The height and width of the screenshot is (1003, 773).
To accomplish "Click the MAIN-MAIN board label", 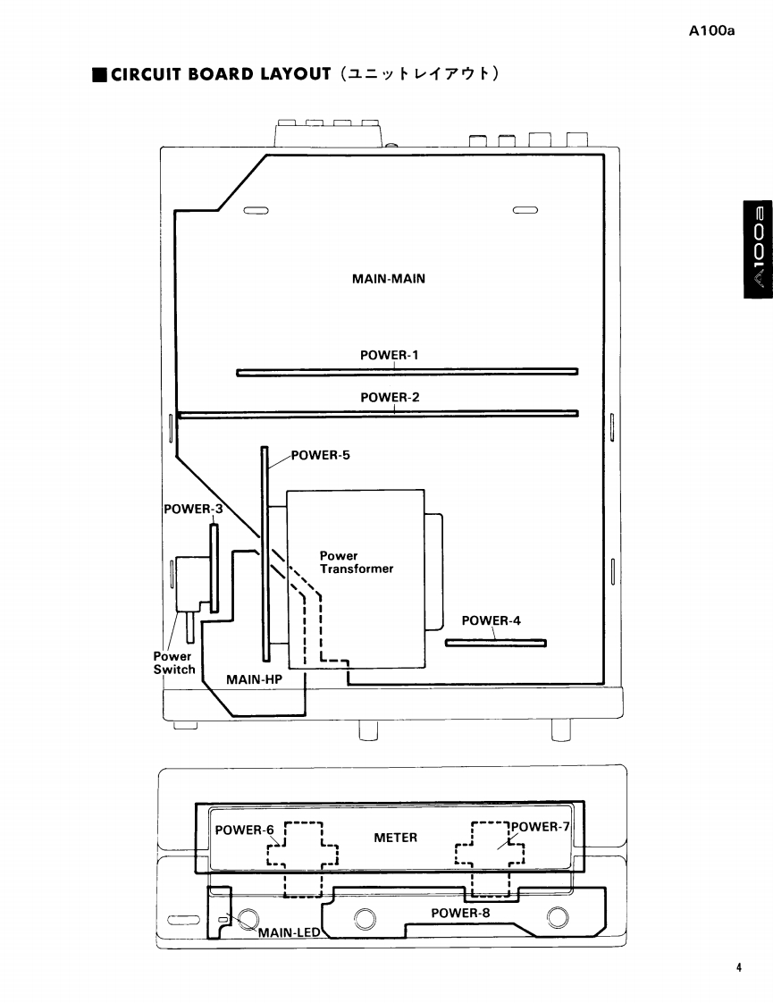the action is coord(389,278).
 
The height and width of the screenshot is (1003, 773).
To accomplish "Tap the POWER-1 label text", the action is coord(389,355).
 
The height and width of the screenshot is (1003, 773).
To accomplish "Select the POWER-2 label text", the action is coord(389,396).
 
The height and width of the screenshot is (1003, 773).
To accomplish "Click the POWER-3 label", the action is coord(192,510).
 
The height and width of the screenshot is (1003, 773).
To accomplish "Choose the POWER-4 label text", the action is coord(491,620).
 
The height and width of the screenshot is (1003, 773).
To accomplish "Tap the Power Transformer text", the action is coord(356,562).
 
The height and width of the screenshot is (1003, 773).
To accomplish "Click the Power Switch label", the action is coord(173,662).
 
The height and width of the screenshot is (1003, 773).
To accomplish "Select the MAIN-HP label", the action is coord(254,679).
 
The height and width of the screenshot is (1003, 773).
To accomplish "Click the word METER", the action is coord(395,838).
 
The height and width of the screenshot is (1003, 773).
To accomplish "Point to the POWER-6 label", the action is coord(245,830).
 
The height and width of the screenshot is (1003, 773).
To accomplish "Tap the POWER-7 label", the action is coord(539,826).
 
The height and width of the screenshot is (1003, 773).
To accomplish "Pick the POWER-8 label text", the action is coord(460,913).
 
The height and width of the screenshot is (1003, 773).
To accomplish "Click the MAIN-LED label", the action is coord(289,933).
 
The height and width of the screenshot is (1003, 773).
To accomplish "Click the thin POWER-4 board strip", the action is coord(495,642).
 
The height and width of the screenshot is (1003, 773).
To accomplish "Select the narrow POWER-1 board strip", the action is coord(407,371).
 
